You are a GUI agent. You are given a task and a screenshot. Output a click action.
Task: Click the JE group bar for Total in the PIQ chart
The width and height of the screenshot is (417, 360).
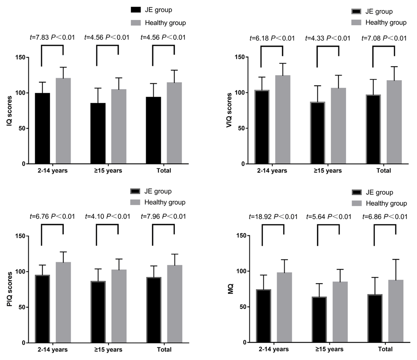point(153,310)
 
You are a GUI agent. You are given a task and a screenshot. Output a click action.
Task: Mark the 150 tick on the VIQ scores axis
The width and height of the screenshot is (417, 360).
point(240,57)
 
